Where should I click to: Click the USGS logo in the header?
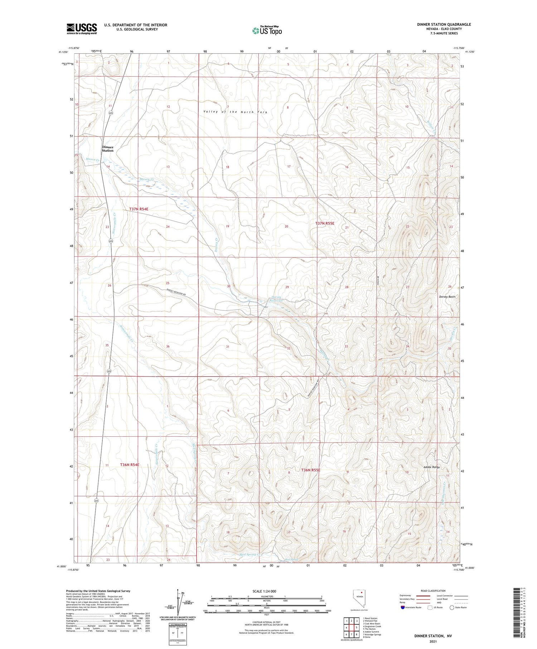point(82,29)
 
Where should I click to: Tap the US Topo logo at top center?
point(267,31)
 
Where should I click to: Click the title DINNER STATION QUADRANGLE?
point(444,25)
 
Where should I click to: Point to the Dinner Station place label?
point(107,149)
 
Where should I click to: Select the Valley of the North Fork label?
point(235,112)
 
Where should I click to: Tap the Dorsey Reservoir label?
point(277,299)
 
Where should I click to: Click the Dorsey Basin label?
point(447,297)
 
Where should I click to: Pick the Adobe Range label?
point(431,467)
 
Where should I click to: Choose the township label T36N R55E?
point(310,470)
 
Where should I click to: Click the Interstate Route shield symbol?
point(403,607)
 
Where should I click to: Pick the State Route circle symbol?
point(452,607)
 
